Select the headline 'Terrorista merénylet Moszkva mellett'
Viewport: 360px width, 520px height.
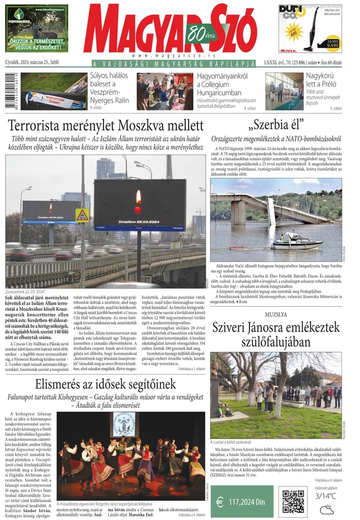106,125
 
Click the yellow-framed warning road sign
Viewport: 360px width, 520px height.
82,215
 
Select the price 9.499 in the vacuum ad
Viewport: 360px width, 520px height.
333,45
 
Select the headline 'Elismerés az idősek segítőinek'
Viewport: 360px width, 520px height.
106,384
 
